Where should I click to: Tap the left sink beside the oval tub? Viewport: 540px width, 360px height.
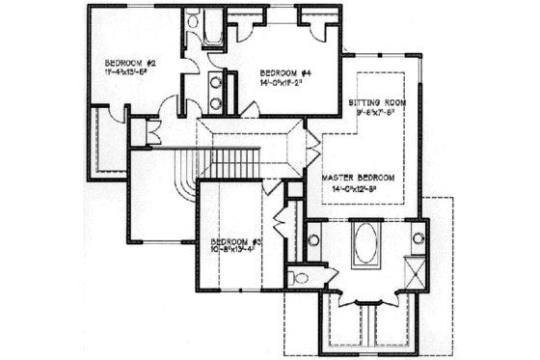pos(312,237)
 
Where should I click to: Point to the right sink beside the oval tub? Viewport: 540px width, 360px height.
pos(418,236)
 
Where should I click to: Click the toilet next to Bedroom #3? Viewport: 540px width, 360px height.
pos(302,278)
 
